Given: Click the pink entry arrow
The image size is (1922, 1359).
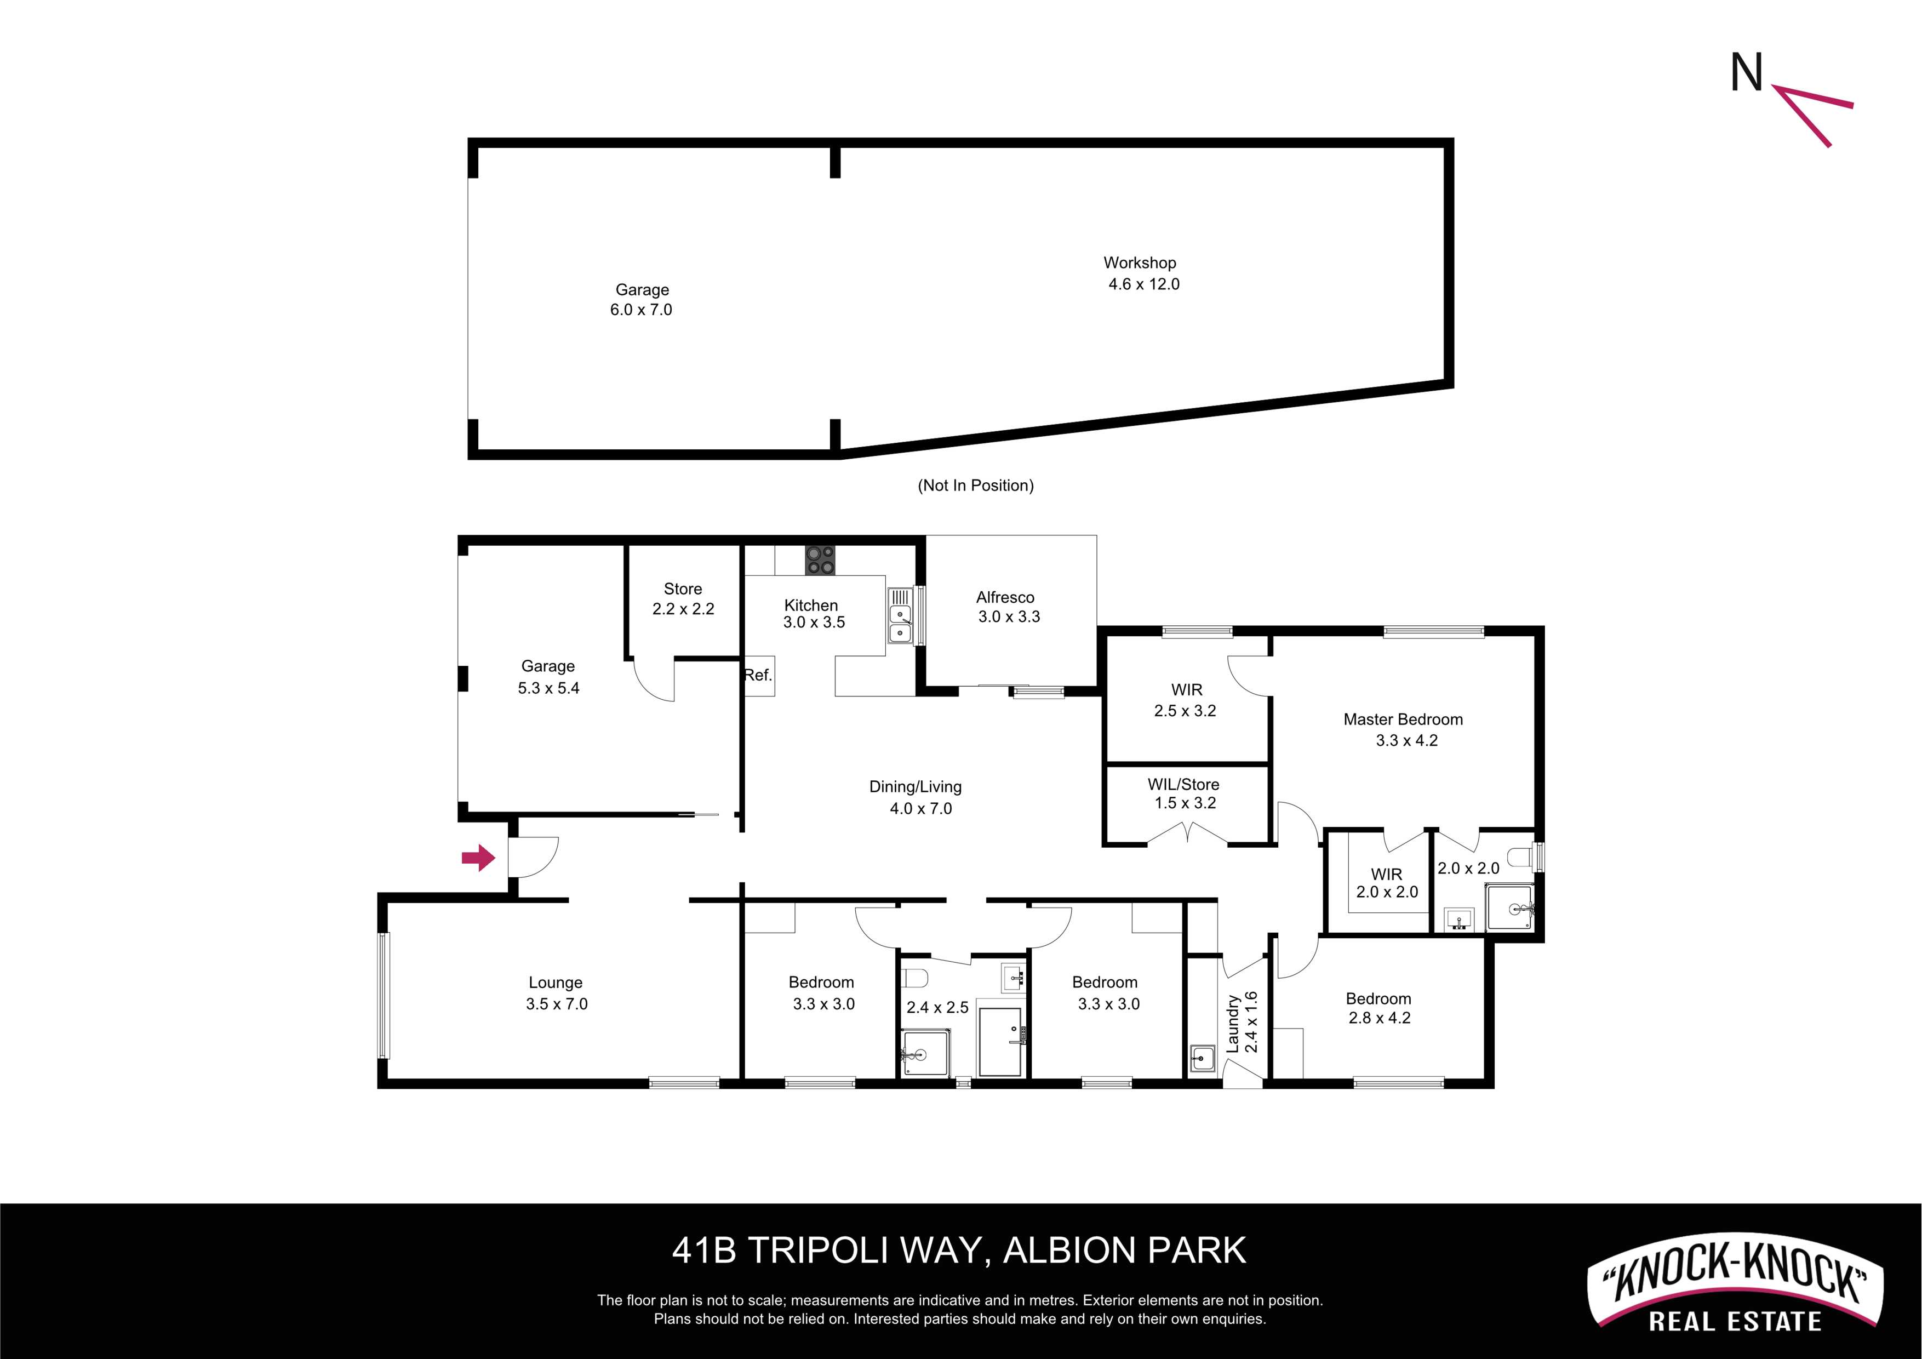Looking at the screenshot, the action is [479, 858].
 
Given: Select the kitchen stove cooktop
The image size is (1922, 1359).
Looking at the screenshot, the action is [820, 560].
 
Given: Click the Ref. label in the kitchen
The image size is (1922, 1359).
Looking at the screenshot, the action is [758, 675].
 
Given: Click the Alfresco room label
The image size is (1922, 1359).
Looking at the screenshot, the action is [1005, 597].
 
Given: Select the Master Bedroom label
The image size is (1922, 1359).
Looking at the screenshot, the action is [1403, 720].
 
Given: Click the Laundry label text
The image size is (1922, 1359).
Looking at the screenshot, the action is [1232, 1023].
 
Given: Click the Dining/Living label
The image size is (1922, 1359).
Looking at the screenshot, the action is [915, 787].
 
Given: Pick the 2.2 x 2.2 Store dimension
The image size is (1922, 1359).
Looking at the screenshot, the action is [683, 609].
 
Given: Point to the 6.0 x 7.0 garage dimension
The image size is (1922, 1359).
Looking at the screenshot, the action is [640, 310].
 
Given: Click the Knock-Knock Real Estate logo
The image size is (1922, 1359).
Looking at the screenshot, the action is [1735, 1282].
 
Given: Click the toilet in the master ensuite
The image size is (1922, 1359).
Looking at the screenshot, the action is [1519, 856].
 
